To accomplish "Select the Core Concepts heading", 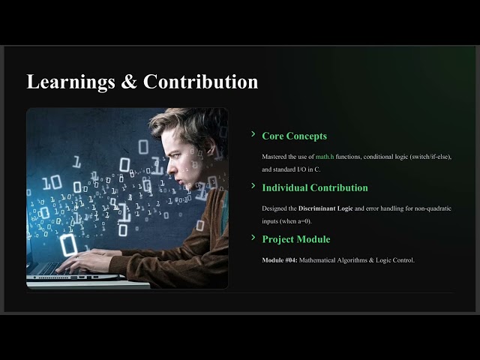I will pos(294,136).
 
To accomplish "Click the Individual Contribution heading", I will pos(315,187).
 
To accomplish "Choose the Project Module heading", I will pos(295,239).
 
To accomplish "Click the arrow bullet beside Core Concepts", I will pos(253,134).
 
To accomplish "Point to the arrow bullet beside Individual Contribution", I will pos(253,186).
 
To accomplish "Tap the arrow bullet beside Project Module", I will pos(253,238).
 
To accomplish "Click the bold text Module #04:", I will pos(279,260).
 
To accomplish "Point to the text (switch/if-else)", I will pos(426,156).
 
